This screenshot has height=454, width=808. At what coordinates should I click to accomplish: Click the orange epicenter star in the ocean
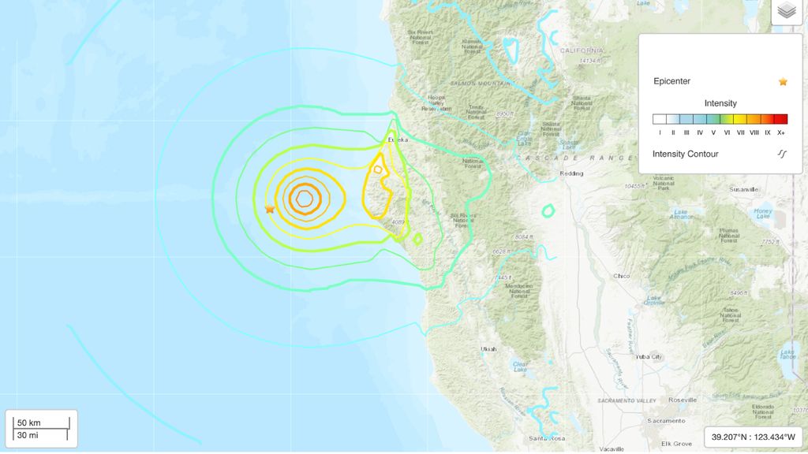click(x=270, y=209)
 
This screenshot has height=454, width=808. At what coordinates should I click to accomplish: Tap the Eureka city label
click(x=397, y=140)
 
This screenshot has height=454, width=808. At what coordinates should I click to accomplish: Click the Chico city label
click(x=622, y=276)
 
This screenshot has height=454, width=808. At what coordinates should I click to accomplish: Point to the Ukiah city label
click(x=489, y=348)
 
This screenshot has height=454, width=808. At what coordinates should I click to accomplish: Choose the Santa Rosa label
click(x=547, y=438)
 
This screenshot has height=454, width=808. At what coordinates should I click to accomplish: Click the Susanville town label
click(x=743, y=189)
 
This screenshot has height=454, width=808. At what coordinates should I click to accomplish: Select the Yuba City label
click(x=645, y=356)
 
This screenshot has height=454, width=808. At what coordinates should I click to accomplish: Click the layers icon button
click(x=785, y=11)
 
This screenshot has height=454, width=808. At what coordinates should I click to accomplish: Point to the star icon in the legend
click(x=783, y=81)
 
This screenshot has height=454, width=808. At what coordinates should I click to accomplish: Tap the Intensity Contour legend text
click(x=685, y=154)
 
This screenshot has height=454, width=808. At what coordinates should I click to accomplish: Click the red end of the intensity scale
click(x=780, y=120)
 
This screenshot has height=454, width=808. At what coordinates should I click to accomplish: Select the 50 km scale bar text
click(x=28, y=423)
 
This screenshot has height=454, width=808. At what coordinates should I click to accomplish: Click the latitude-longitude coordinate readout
click(x=753, y=437)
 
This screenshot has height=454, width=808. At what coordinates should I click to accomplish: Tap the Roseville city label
click(x=682, y=400)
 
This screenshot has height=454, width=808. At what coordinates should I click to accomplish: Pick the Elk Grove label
click(x=676, y=444)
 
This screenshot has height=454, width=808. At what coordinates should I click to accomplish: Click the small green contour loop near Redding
click(x=548, y=210)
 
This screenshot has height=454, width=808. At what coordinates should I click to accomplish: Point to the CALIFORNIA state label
click(x=581, y=50)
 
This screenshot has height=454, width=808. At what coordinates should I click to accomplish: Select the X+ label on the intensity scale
click(x=780, y=132)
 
